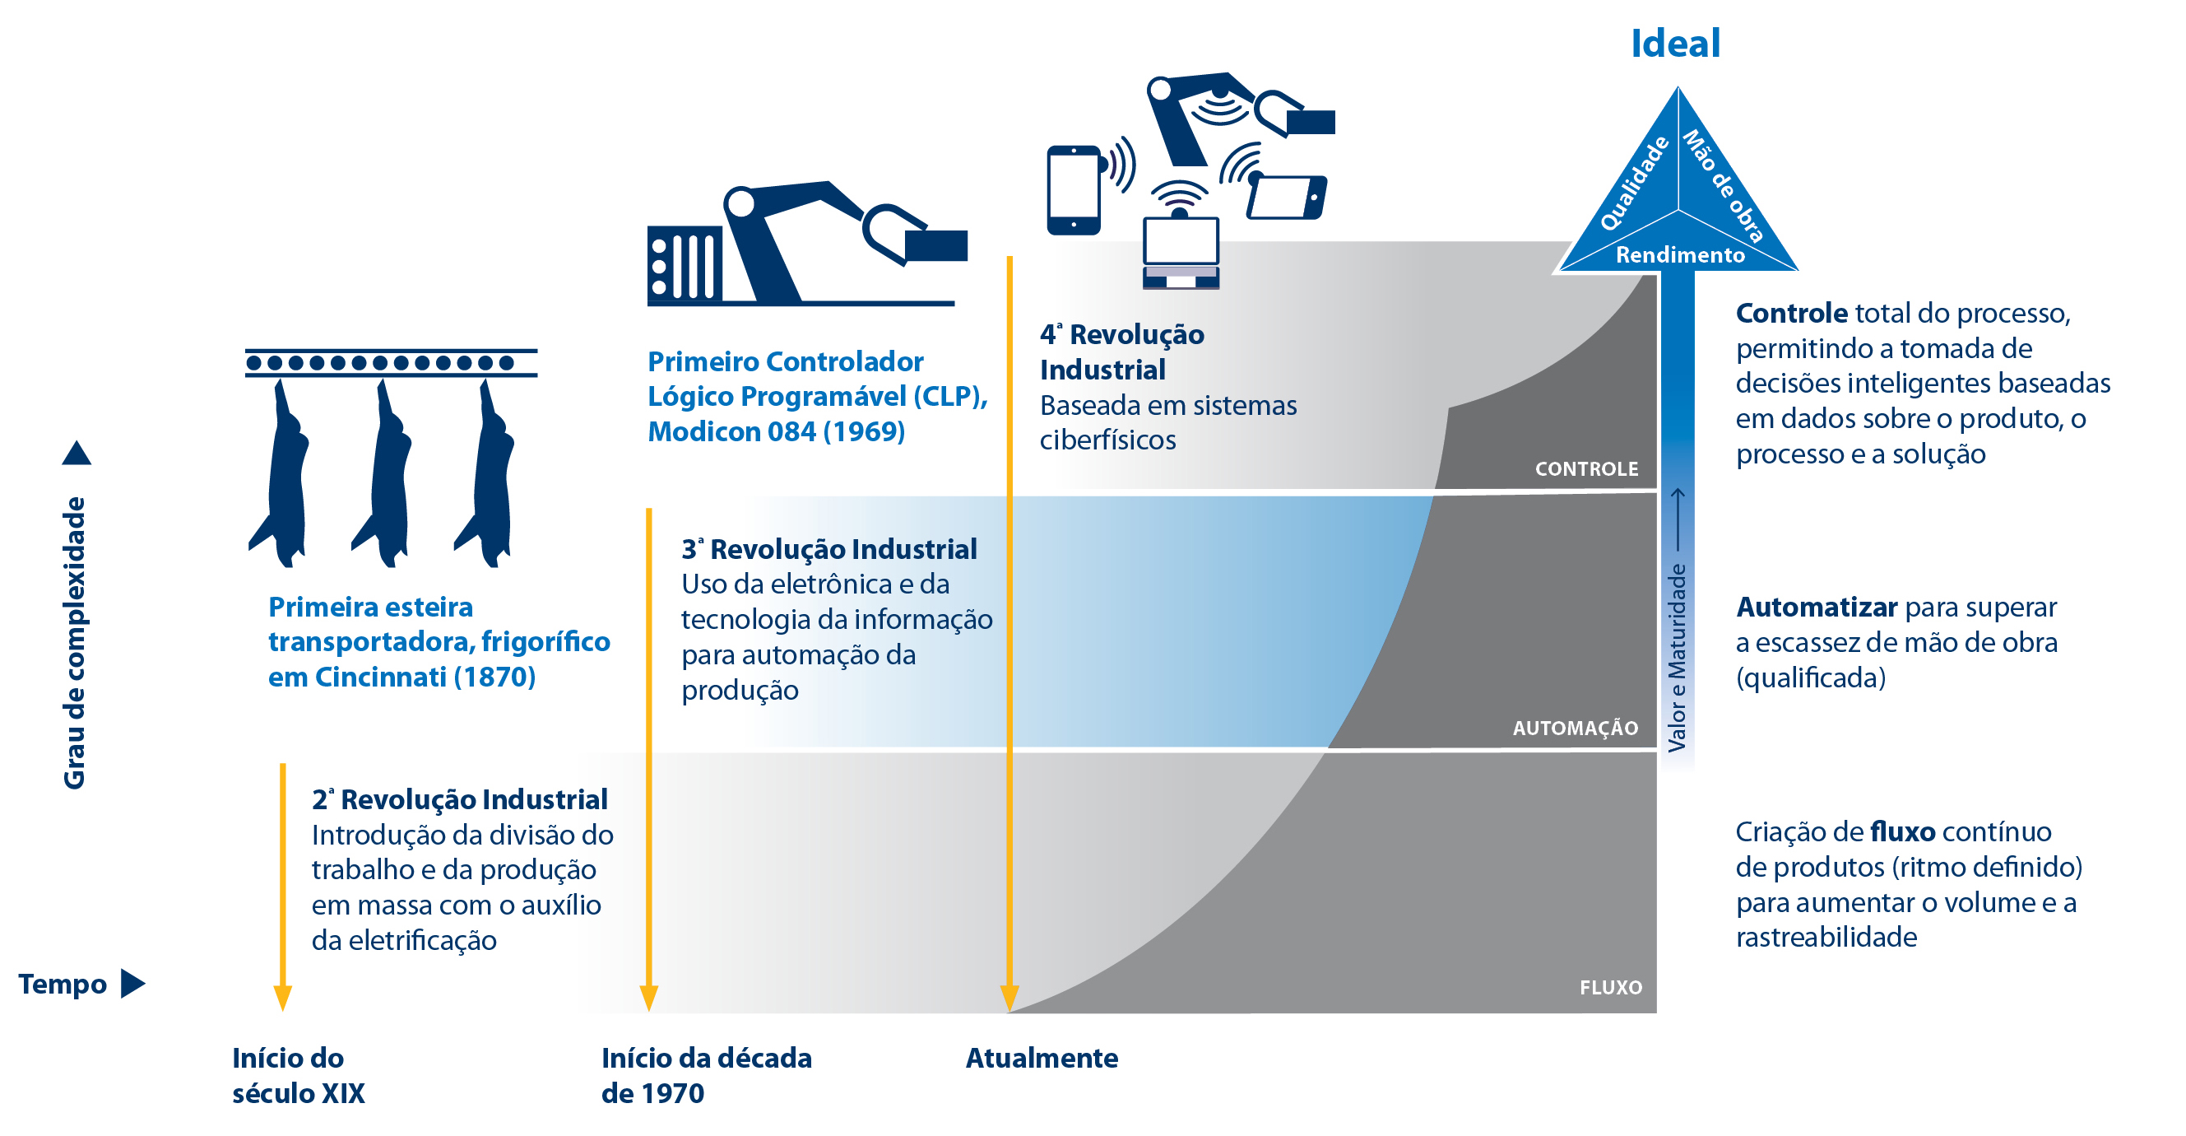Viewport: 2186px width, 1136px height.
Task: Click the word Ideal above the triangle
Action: (1675, 44)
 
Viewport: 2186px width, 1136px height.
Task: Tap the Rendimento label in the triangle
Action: (1679, 254)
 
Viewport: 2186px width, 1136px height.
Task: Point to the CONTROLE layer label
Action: (1586, 468)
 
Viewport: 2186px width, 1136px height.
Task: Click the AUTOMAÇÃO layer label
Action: (1575, 728)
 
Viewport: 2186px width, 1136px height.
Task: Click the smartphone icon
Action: (1074, 191)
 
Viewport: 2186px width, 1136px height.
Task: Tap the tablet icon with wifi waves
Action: (1288, 196)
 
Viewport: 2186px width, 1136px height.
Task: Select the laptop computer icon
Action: (1181, 253)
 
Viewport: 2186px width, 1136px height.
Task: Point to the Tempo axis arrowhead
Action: (132, 984)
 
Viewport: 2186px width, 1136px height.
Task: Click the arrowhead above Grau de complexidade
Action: (77, 454)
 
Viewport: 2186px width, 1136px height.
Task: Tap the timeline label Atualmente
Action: (1042, 1058)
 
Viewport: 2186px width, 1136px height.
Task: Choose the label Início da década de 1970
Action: (706, 1075)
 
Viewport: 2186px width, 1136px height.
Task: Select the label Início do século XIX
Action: (298, 1075)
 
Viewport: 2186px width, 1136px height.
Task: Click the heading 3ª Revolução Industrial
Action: (829, 549)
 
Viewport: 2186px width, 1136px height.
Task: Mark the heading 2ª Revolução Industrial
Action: (459, 800)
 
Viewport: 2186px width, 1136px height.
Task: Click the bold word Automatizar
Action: (1816, 607)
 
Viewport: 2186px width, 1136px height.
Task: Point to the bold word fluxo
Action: (1902, 832)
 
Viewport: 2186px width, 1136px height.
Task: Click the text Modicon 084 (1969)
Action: (776, 432)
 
